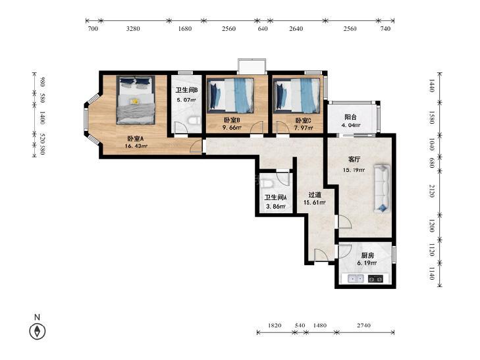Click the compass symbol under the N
(38, 331)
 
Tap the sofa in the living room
(382, 188)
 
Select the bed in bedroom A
(136, 100)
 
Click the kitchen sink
(356, 278)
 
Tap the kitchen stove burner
(375, 278)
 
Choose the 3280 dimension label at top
(133, 29)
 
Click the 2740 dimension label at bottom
(363, 325)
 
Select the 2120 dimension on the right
(432, 191)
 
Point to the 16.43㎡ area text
(136, 146)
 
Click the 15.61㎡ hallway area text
(314, 202)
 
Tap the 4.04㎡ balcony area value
(351, 125)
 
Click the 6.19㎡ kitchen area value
(367, 263)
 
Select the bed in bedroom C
(297, 95)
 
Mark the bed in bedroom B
(230, 95)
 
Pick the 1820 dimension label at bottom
(275, 325)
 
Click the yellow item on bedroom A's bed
(134, 101)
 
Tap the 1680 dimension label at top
(185, 29)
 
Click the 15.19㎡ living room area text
(354, 170)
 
